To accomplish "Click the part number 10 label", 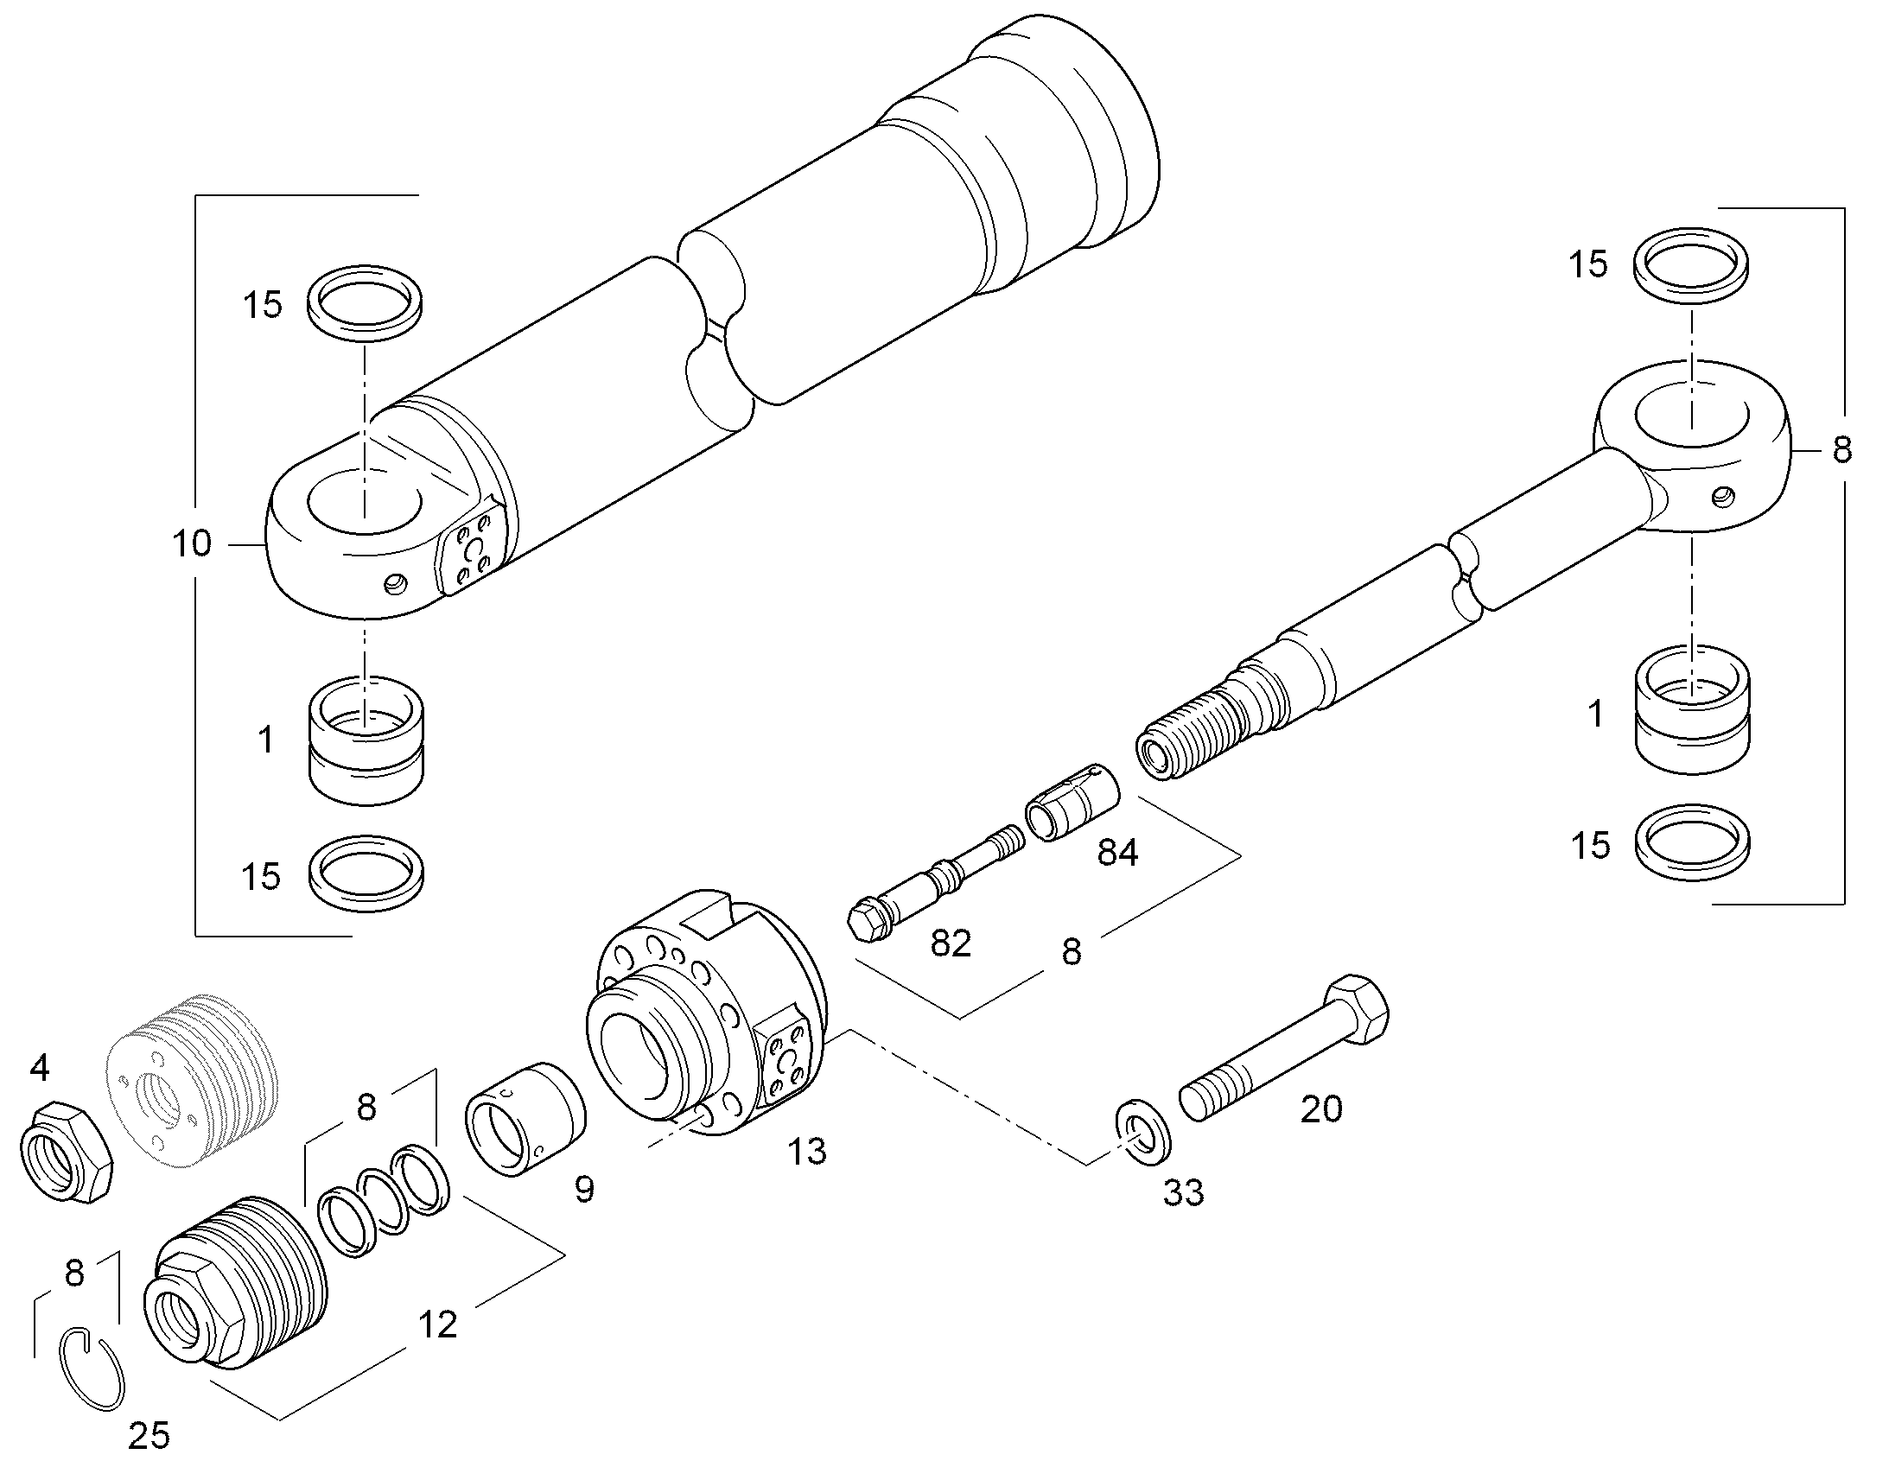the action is click(x=192, y=543).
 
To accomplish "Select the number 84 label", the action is click(x=1117, y=853).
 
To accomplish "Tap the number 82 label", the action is click(x=951, y=943).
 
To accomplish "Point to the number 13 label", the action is click(x=806, y=1152).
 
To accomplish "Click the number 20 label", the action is click(x=1321, y=1109).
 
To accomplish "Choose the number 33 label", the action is click(x=1183, y=1193).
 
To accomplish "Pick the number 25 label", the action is click(x=148, y=1436).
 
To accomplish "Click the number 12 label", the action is click(x=436, y=1324).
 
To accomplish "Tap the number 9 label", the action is click(x=585, y=1190).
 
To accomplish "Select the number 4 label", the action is click(x=39, y=1069).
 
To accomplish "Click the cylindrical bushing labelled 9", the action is click(x=525, y=1119).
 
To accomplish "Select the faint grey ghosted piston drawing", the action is click(x=195, y=1077).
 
